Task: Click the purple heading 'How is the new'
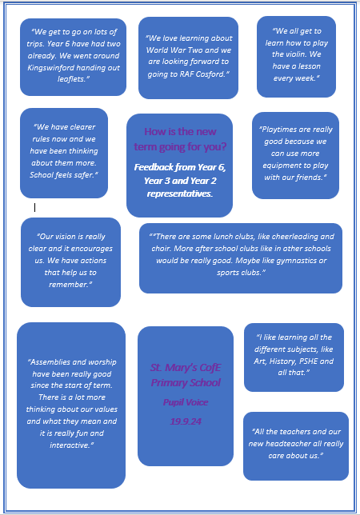180,131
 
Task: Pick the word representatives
180,194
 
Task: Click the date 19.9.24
186,421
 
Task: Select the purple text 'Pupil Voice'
186,402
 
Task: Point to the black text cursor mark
35,207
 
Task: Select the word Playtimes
277,130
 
